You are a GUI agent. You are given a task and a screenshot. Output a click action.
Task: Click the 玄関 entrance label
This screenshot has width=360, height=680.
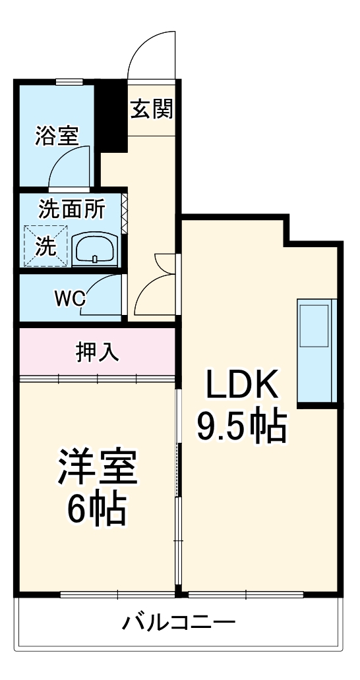(x=151, y=109)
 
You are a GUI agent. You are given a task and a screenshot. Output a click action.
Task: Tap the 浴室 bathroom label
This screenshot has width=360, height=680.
(x=57, y=136)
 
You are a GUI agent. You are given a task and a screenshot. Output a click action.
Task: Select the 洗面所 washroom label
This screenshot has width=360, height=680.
(x=71, y=209)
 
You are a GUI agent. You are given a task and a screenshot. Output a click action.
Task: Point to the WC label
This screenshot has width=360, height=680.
(x=70, y=298)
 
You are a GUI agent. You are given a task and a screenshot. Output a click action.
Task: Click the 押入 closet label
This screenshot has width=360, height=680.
(x=98, y=353)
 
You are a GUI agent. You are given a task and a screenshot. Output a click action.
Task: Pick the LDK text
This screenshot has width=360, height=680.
(x=241, y=385)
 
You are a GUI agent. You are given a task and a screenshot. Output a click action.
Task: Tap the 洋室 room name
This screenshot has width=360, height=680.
(x=98, y=467)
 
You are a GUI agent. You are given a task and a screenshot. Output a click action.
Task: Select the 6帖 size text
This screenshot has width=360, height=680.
(x=98, y=507)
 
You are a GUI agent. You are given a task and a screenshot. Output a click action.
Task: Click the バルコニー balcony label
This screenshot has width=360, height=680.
(x=179, y=622)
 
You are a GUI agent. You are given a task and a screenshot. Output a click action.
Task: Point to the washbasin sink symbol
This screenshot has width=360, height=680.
(x=96, y=249)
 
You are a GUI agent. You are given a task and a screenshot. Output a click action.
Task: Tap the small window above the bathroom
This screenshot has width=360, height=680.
(x=69, y=82)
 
